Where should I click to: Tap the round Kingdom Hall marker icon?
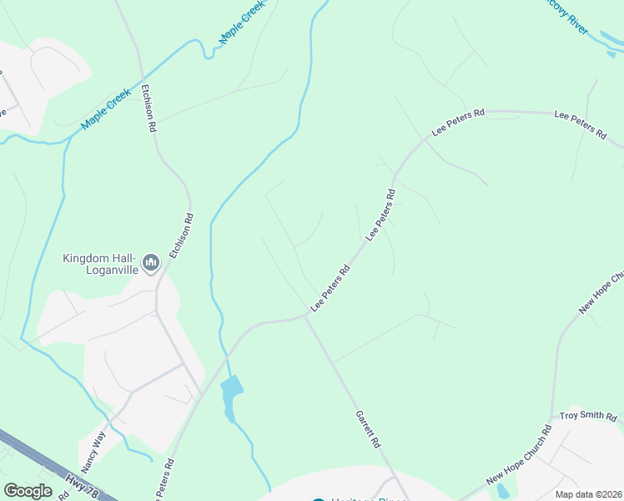tap(151, 264)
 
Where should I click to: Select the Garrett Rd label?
tap(368, 428)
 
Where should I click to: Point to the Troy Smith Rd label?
tap(587, 416)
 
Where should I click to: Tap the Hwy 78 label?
tap(81, 483)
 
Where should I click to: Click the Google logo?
tap(28, 491)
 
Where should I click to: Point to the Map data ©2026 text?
tap(589, 494)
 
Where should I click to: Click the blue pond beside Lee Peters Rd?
tap(230, 389)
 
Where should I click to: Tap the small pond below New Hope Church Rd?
tap(502, 492)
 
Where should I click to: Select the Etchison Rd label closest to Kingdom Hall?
tap(181, 236)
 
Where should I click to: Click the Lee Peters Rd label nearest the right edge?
tap(580, 125)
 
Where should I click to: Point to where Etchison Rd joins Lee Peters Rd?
tap(200, 394)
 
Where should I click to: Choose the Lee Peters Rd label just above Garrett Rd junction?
tap(330, 289)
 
